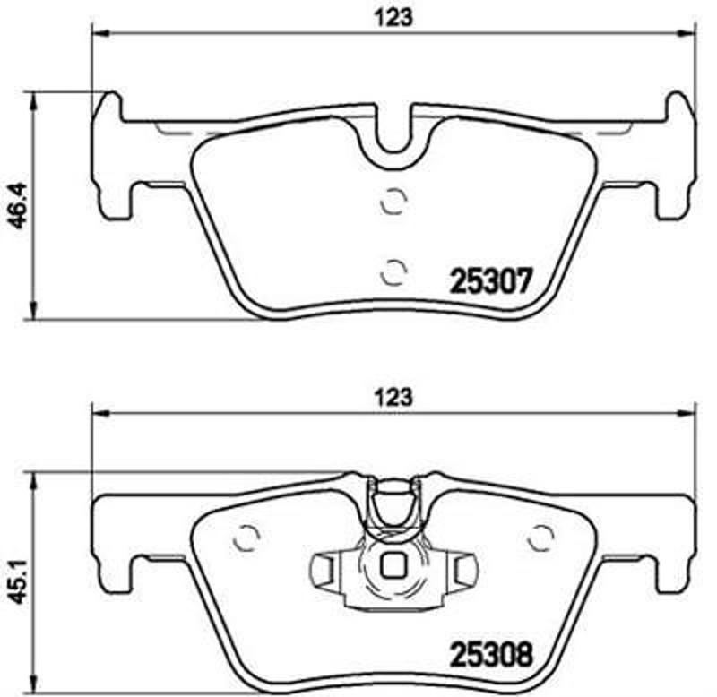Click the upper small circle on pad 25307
(393, 202)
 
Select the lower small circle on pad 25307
(393, 269)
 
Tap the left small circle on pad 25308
(245, 538)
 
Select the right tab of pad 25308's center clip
(463, 567)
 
